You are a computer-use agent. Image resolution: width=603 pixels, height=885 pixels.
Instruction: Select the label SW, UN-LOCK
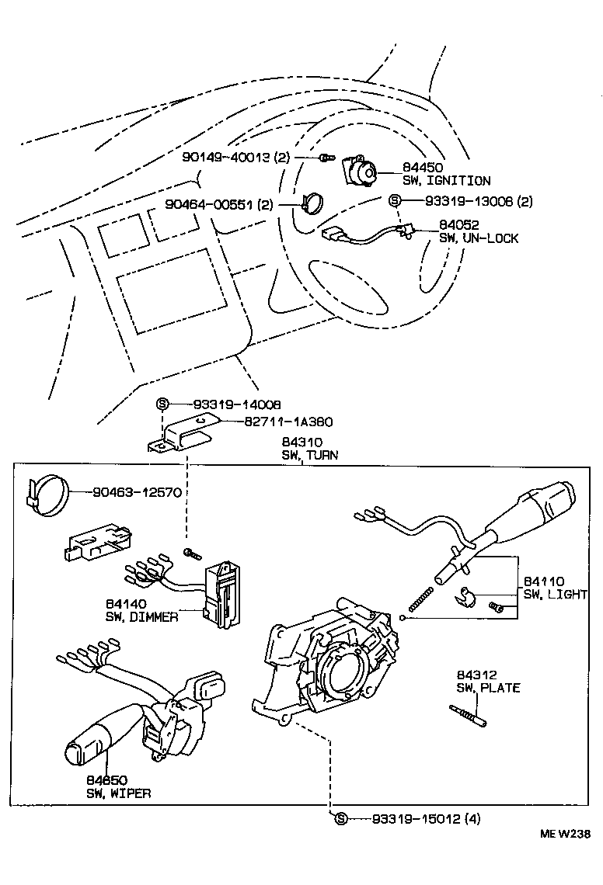[x=479, y=238]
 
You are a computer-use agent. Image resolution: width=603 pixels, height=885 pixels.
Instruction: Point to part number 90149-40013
[x=225, y=158]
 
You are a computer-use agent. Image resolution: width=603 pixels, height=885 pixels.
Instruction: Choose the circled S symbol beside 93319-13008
[x=394, y=200]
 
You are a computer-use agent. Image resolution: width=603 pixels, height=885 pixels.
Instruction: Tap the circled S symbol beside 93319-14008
[x=162, y=404]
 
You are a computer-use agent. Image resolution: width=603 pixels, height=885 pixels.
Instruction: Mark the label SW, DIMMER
[x=142, y=616]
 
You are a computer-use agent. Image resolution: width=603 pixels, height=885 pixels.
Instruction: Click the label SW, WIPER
[x=118, y=793]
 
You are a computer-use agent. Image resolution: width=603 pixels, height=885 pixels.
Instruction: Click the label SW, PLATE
[x=488, y=688]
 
